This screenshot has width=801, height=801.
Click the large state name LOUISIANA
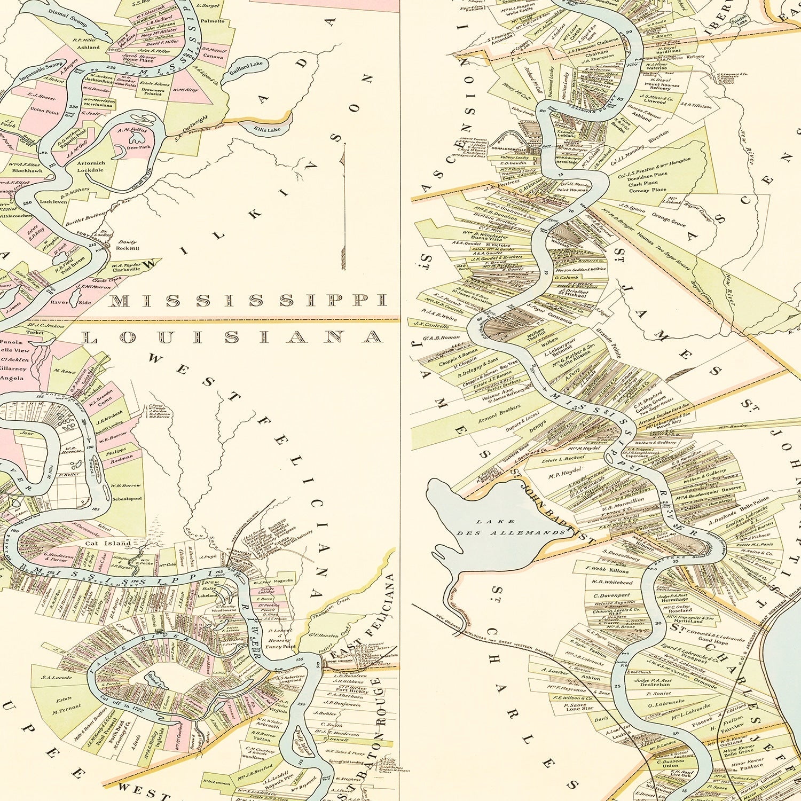coord(232,337)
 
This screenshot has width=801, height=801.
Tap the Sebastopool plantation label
coord(127,498)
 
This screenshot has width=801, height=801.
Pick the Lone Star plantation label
coord(579,709)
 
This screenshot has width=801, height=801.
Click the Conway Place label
coord(648,190)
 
